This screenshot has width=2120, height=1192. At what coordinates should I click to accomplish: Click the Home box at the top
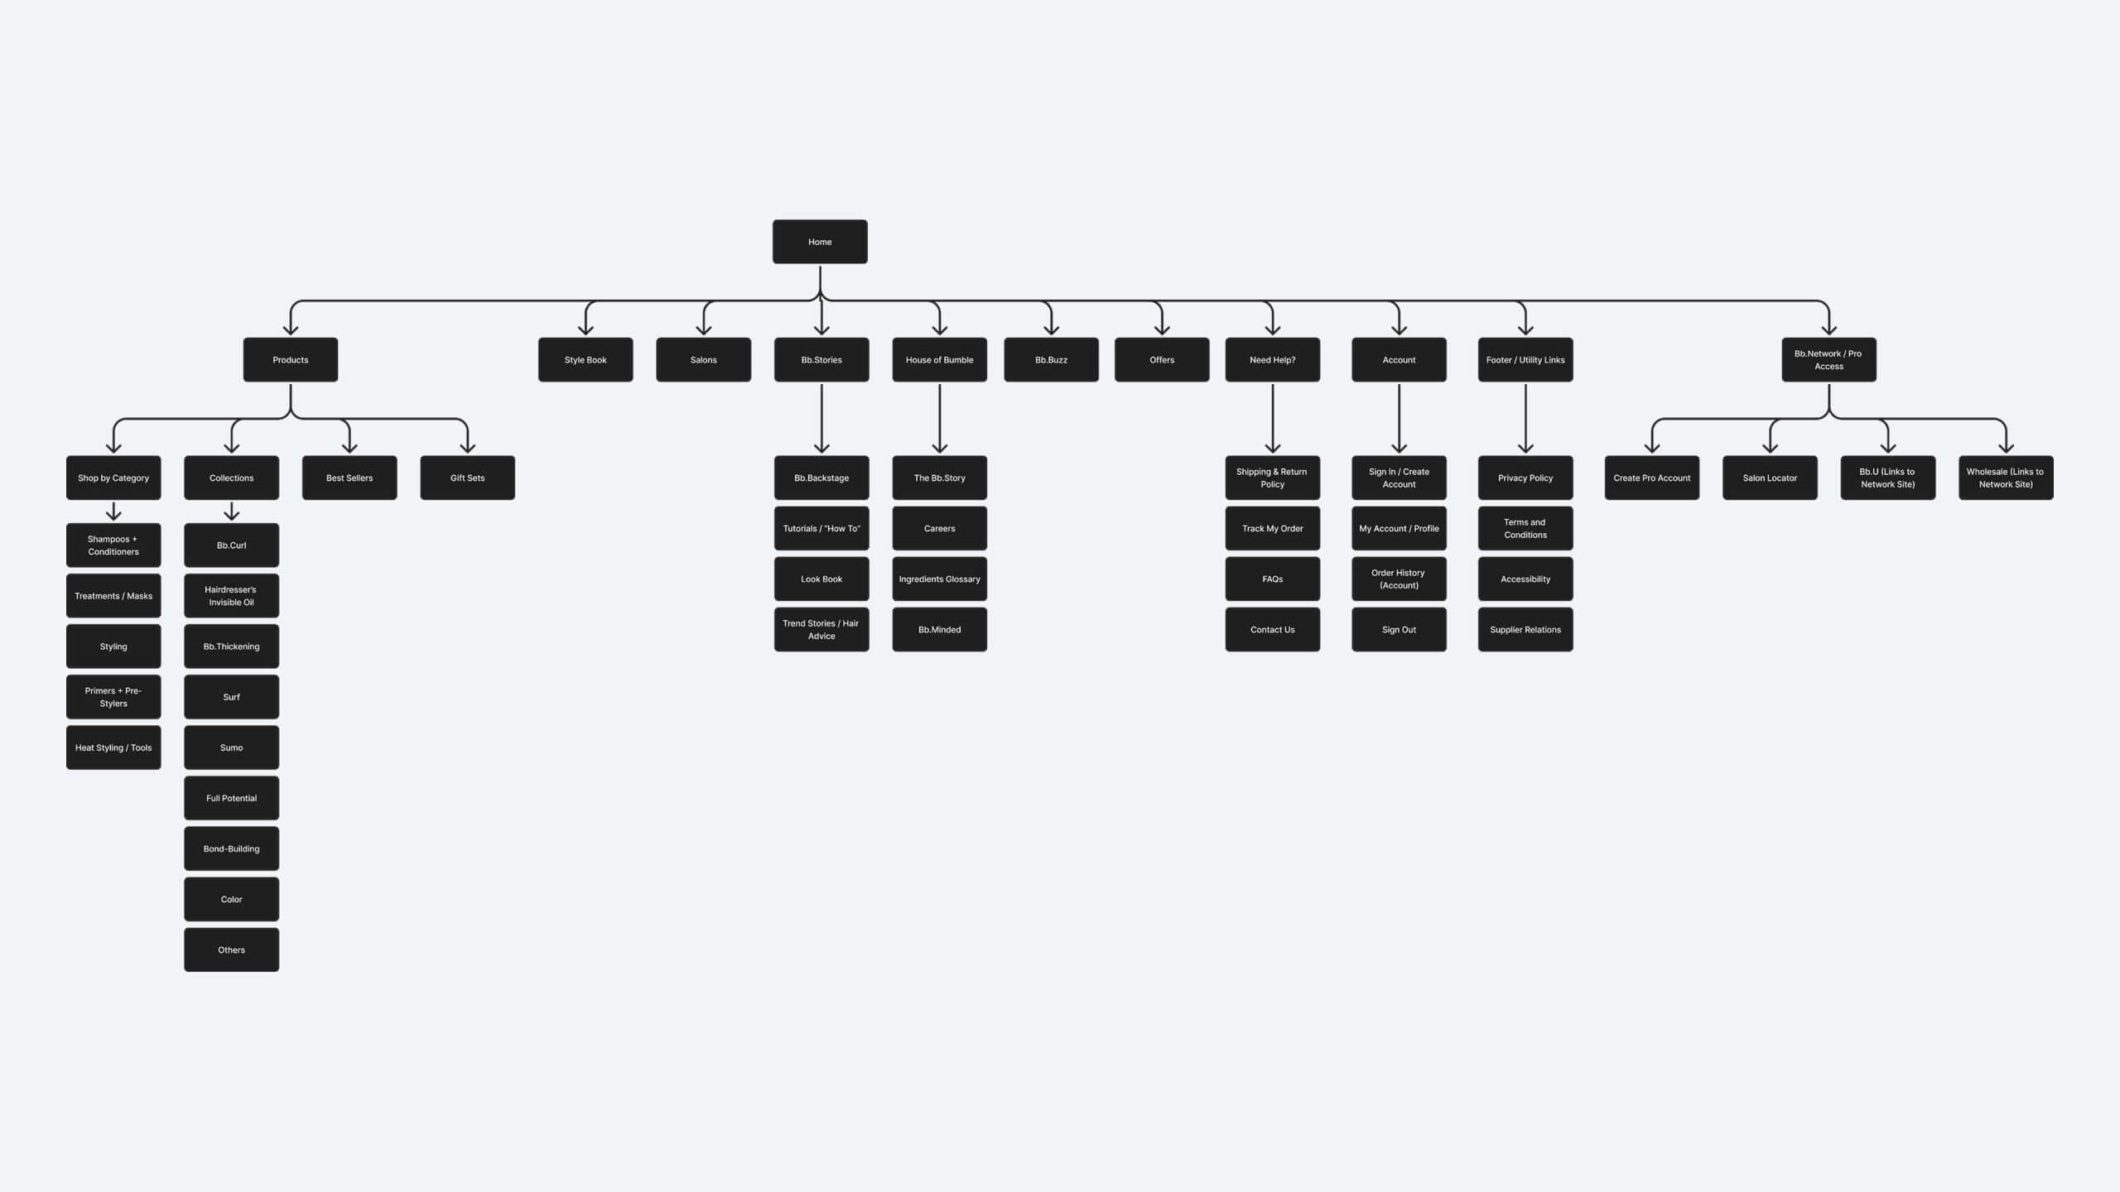point(820,242)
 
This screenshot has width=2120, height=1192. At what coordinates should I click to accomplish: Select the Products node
point(290,359)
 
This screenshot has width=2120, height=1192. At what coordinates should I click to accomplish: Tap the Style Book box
point(585,359)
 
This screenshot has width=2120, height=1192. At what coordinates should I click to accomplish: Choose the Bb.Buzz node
point(1051,359)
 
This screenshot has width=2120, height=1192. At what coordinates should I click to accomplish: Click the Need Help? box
point(1272,359)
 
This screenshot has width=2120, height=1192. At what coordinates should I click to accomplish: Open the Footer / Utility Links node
point(1525,359)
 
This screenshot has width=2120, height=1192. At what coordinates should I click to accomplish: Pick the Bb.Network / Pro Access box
point(1828,359)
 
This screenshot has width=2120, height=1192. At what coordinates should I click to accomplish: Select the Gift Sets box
point(467,478)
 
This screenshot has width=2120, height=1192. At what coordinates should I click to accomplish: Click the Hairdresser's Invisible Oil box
point(231,595)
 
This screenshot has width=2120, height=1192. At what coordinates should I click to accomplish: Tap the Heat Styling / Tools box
point(113,747)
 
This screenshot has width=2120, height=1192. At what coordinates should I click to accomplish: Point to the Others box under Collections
point(231,949)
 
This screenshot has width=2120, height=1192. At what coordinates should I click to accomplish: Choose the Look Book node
point(821,579)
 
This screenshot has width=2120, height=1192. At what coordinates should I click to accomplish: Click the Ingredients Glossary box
point(939,579)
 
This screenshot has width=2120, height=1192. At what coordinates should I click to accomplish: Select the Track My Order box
point(1272,528)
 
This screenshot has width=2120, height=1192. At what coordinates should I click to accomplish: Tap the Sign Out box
point(1399,629)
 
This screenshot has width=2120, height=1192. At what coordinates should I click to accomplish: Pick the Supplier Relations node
point(1525,629)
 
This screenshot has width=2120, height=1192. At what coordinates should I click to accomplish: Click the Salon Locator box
point(1770,478)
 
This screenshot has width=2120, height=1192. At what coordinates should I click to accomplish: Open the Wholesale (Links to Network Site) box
point(2005,478)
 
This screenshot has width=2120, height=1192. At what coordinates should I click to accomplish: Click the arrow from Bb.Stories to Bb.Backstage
point(821,418)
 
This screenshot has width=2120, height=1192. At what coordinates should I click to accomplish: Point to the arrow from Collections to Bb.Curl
point(232,512)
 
